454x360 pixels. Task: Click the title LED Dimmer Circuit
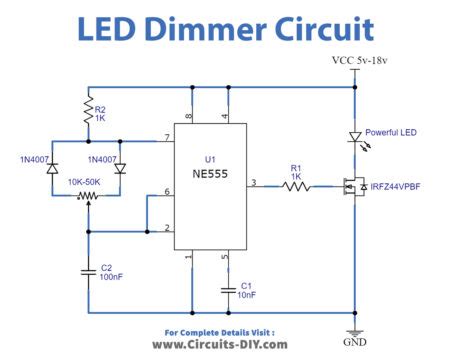tap(227, 31)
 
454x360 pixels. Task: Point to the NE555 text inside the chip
tap(209, 173)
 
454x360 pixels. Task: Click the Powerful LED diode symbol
tap(354, 137)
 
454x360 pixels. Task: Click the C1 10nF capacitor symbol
tap(229, 289)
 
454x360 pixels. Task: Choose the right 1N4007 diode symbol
tap(120, 170)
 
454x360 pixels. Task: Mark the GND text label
tap(355, 343)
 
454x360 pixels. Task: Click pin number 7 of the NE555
tap(166, 136)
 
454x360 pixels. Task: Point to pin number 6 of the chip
tap(166, 191)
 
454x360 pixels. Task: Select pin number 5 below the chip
tap(224, 257)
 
